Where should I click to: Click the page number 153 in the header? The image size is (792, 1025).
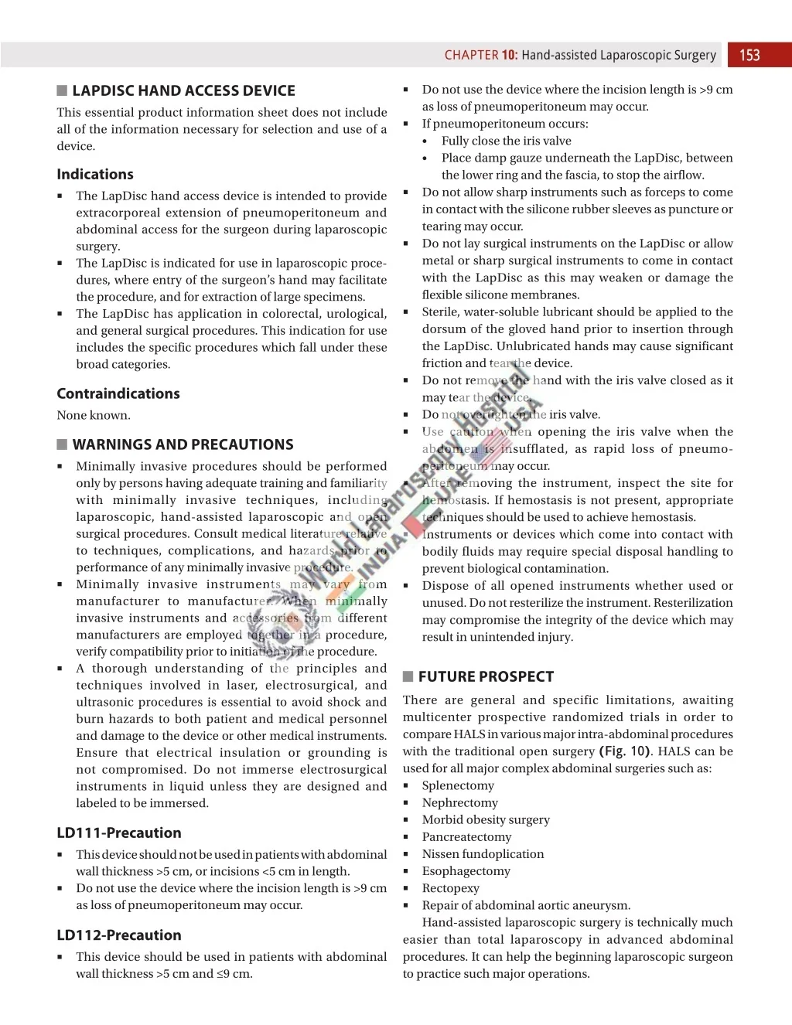[749, 55]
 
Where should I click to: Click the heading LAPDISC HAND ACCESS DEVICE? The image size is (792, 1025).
[183, 90]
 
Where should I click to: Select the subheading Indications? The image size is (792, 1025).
[95, 174]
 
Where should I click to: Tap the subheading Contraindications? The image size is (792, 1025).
[118, 393]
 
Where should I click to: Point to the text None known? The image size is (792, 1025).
[94, 415]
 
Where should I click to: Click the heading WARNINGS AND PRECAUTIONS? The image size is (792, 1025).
[183, 444]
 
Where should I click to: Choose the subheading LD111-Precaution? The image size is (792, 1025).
[119, 833]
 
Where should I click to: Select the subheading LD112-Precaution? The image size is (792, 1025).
[119, 935]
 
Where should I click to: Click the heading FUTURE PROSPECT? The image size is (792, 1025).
[486, 676]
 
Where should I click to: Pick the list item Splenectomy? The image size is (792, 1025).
[458, 785]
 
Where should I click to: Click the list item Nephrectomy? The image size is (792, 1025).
[460, 802]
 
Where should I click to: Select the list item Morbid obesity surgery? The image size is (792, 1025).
[486, 819]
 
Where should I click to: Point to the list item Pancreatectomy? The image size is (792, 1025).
[466, 836]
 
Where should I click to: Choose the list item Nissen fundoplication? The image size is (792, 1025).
[483, 853]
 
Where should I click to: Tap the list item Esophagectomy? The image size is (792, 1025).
[466, 870]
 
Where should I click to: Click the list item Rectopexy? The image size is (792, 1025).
[450, 888]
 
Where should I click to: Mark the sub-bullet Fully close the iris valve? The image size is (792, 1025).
[506, 141]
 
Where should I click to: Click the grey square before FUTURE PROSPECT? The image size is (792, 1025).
[408, 676]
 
